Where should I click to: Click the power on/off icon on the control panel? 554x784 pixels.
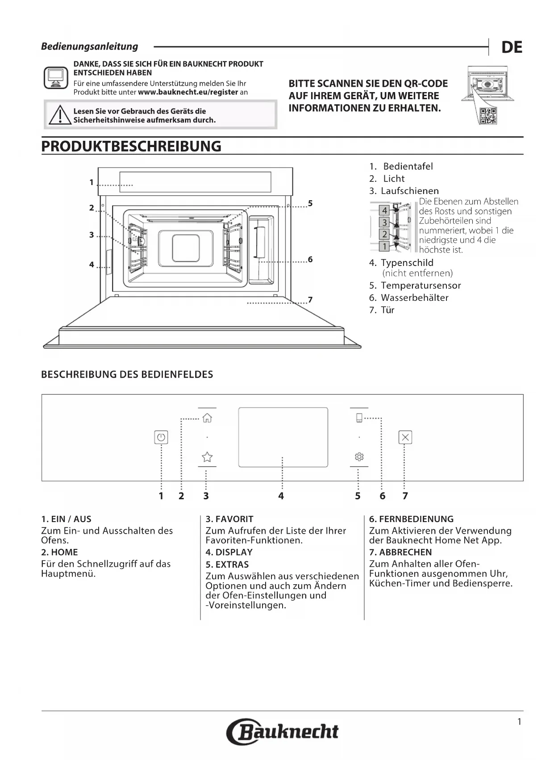click(161, 437)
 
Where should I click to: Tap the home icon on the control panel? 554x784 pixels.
click(207, 418)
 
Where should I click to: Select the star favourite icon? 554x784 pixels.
click(207, 457)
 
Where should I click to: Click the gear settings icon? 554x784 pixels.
click(359, 456)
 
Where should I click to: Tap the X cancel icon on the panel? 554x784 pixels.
click(405, 437)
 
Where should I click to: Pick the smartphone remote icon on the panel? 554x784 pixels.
click(359, 418)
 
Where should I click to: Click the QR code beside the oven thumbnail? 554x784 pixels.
click(488, 116)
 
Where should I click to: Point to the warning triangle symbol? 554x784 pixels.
click(60, 115)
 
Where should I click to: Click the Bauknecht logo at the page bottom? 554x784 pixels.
click(283, 732)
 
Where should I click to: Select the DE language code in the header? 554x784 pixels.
click(512, 47)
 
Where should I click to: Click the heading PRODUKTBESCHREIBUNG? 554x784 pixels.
click(131, 147)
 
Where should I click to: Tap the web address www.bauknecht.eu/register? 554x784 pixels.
click(188, 92)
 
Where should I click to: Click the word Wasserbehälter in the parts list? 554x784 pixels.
click(415, 298)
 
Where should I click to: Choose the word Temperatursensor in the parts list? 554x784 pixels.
click(421, 286)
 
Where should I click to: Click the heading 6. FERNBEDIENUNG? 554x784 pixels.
click(411, 519)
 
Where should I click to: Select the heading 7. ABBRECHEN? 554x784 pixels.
click(400, 552)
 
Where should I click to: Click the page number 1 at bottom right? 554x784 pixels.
click(519, 721)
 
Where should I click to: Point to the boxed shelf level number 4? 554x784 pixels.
click(384, 211)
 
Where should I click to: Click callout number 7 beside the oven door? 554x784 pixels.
click(310, 299)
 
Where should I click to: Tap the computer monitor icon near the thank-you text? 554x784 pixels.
click(56, 78)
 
